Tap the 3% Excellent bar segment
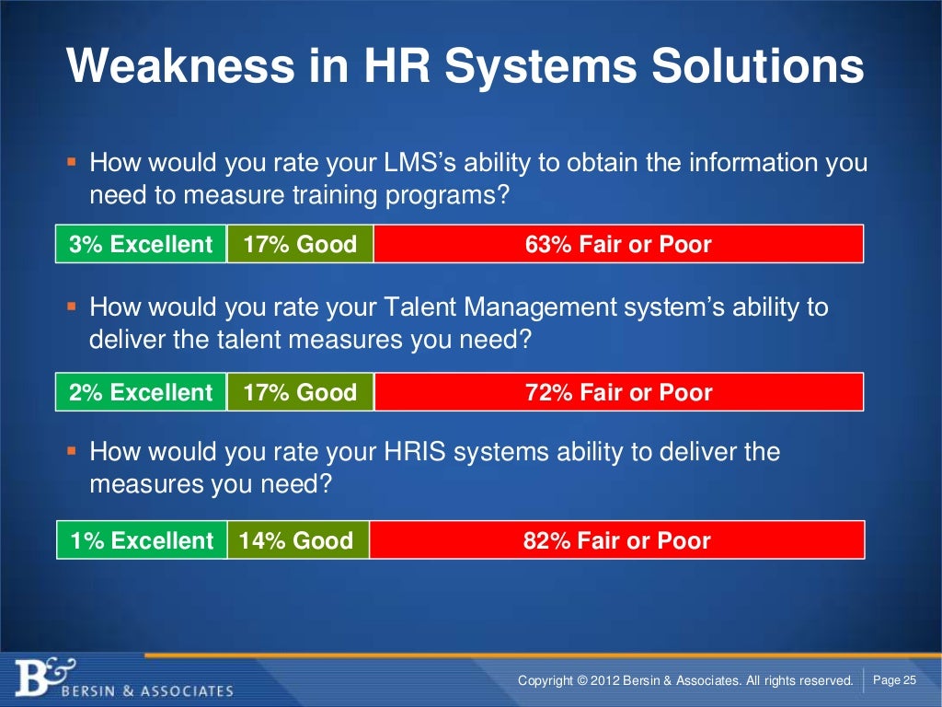141,245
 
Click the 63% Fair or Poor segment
618,245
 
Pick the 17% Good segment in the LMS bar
300,245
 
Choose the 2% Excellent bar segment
141,393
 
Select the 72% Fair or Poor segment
618,393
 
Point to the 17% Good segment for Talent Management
300,393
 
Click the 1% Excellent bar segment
141,540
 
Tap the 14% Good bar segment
297,540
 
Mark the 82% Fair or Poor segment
616,540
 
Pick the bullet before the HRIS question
71,452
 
